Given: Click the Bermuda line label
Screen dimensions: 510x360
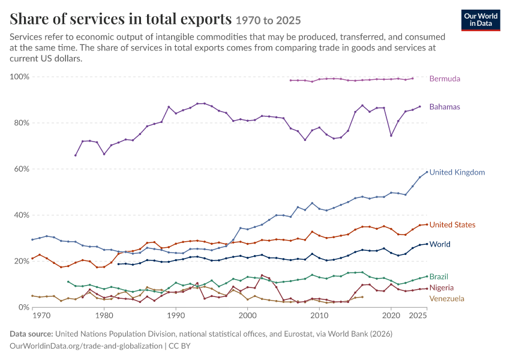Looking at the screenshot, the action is pos(445,79).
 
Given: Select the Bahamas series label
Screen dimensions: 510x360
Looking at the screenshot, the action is pos(445,107).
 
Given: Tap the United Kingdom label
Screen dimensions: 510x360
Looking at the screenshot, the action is pos(457,172).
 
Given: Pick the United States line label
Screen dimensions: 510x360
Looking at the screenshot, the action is pos(452,225).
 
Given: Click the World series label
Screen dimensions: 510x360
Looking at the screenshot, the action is pos(440,244).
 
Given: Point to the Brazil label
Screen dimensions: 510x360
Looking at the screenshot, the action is pos(439,277).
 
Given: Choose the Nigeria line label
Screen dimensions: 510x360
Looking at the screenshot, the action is pos(442,288).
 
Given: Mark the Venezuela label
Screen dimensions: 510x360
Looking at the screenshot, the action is pos(446,299).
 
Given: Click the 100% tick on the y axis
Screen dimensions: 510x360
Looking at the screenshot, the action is pos(20,77).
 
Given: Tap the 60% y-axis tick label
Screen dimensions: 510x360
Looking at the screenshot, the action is pos(22,169).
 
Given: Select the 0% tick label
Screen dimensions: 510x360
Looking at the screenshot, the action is pos(24,307).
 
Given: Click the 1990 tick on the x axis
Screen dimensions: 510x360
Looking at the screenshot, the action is pos(176,316).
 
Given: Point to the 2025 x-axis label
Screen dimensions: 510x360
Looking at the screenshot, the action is pos(418,316).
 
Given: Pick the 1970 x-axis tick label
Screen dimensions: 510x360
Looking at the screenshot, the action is pos(41,316).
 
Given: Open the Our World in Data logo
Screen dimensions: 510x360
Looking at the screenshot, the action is pos(481,20).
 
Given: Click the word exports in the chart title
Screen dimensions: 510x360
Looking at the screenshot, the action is pos(206,19).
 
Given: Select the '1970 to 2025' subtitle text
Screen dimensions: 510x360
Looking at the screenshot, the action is pos(268,20).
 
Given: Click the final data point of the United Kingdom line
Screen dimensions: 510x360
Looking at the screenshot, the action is pos(427,172).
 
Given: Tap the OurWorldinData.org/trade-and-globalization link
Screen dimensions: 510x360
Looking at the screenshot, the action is pos(86,346).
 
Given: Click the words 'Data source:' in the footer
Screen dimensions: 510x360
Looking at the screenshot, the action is pos(31,334).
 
